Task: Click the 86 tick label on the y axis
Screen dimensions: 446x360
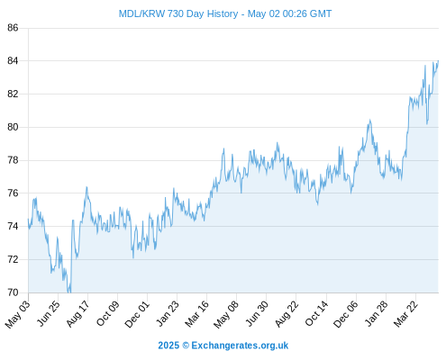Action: [13, 28]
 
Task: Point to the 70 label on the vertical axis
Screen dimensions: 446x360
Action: [13, 292]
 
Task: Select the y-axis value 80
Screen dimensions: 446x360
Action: [13, 127]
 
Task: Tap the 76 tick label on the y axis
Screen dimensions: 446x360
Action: [13, 193]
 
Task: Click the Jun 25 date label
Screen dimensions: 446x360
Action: [49, 313]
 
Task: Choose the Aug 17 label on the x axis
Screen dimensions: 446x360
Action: [78, 313]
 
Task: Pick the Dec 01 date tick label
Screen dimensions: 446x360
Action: [137, 314]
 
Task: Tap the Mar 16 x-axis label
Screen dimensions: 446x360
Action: [196, 313]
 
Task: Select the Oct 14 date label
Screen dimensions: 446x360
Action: [316, 313]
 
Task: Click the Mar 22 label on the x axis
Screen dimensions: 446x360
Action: [405, 313]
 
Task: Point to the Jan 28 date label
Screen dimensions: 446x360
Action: [377, 313]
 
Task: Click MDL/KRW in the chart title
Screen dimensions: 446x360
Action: [141, 13]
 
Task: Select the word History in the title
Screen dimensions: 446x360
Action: [223, 14]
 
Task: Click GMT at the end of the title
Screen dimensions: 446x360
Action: [321, 13]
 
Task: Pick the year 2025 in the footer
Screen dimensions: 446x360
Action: [168, 346]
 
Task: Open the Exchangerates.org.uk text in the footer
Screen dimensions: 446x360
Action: [240, 346]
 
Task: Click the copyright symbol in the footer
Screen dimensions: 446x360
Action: [186, 346]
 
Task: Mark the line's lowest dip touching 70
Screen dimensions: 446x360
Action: [68, 292]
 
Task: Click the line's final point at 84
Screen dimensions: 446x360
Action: [438, 61]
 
